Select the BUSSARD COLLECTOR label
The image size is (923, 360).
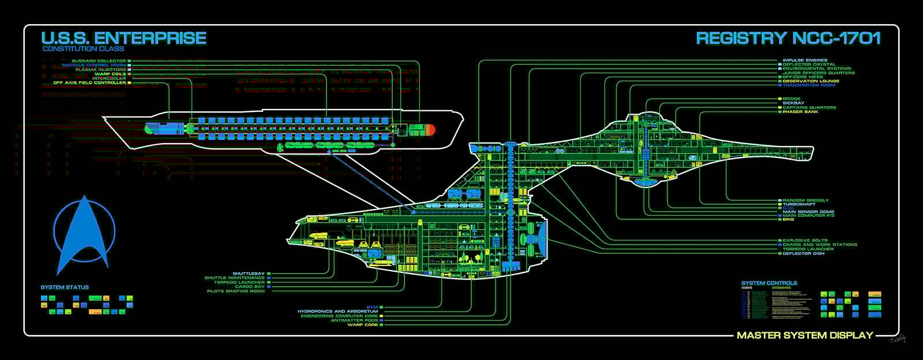coord(99,61)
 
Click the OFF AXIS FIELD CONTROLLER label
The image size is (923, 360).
coord(89,82)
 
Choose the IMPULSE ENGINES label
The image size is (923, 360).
coord(805,60)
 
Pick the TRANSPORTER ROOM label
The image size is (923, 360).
coord(809,85)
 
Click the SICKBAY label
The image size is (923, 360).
coord(793,103)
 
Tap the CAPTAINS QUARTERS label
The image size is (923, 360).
coord(809,107)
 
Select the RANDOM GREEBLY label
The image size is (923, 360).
coord(805,200)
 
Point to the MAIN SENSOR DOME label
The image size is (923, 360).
coord(808,212)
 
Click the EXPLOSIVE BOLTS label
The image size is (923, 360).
coord(805,240)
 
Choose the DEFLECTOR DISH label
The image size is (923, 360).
coord(803,253)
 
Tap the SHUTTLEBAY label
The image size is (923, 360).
coord(249,273)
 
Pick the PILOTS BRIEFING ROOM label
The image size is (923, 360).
coord(235,291)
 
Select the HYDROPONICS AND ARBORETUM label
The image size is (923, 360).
coord(337,312)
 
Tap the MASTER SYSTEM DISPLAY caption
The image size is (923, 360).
coord(805,335)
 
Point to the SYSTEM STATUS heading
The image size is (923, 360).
coord(65,287)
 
